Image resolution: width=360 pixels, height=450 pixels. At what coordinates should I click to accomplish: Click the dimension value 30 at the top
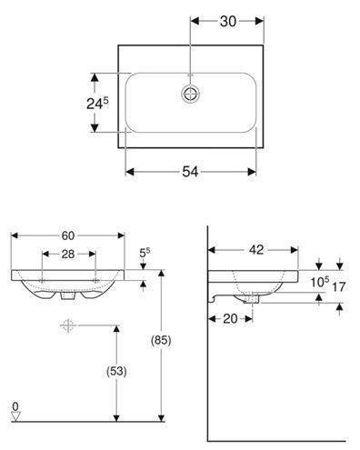[228, 22]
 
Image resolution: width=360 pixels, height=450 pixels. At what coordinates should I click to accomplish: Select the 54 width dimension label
[190, 172]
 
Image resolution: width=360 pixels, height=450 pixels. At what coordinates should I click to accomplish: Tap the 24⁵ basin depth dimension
[97, 103]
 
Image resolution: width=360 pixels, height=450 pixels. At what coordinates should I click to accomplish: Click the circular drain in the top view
[191, 94]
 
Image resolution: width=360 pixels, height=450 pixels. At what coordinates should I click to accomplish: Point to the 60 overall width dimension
[68, 235]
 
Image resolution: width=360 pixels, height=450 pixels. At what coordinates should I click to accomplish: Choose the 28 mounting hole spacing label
[68, 255]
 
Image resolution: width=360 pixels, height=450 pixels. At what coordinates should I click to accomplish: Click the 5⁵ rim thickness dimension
[145, 253]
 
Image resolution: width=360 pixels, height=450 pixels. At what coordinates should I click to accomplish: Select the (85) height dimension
[161, 340]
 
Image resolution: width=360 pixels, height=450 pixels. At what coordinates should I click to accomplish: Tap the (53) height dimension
[116, 371]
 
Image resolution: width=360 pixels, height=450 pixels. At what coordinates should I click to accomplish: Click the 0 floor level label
[15, 406]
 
